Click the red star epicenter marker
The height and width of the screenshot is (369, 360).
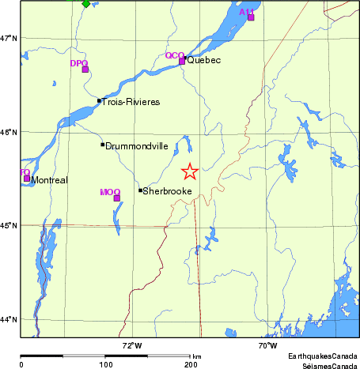[189, 171]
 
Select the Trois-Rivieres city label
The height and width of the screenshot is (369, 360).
[131, 102]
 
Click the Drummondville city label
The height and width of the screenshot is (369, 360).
[136, 146]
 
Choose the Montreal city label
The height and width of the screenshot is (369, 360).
[49, 180]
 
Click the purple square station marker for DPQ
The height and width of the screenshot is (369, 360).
[85, 70]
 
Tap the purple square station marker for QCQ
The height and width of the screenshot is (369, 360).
[182, 61]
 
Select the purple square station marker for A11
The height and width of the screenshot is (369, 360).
[251, 17]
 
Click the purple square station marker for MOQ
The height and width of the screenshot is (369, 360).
[117, 198]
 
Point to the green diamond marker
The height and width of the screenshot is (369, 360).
[85, 3]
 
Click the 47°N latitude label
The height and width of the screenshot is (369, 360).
[9, 38]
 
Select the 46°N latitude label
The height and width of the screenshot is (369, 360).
[9, 132]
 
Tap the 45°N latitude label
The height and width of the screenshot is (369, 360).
[9, 226]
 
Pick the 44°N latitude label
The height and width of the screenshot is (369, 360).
[9, 319]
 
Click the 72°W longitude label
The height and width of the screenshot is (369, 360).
[131, 346]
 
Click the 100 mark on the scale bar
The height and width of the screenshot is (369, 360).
[105, 365]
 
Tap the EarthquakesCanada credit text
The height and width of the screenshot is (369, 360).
[322, 356]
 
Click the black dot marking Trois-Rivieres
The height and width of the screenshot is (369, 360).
[99, 100]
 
